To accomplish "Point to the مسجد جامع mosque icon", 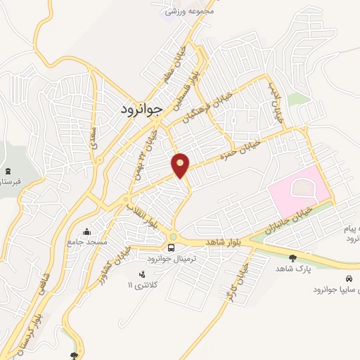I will [x=87, y=232].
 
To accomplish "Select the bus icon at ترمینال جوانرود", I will [x=171, y=247].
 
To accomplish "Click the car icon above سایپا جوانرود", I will [x=340, y=278].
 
